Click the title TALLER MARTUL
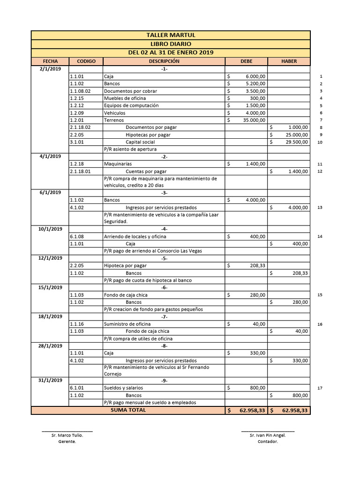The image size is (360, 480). (171, 35)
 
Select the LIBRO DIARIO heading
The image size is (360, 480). (171, 44)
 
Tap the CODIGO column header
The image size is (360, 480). (86, 61)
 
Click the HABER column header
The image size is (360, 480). (289, 61)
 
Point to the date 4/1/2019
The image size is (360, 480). (50, 157)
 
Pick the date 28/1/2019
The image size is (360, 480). (50, 346)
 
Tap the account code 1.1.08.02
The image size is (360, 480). (80, 91)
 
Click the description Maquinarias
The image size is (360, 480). (118, 164)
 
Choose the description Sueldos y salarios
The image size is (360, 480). (124, 388)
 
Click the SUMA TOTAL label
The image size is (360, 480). (128, 410)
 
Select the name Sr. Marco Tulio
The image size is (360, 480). (67, 435)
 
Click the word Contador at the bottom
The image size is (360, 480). (268, 442)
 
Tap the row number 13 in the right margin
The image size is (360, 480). (320, 207)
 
